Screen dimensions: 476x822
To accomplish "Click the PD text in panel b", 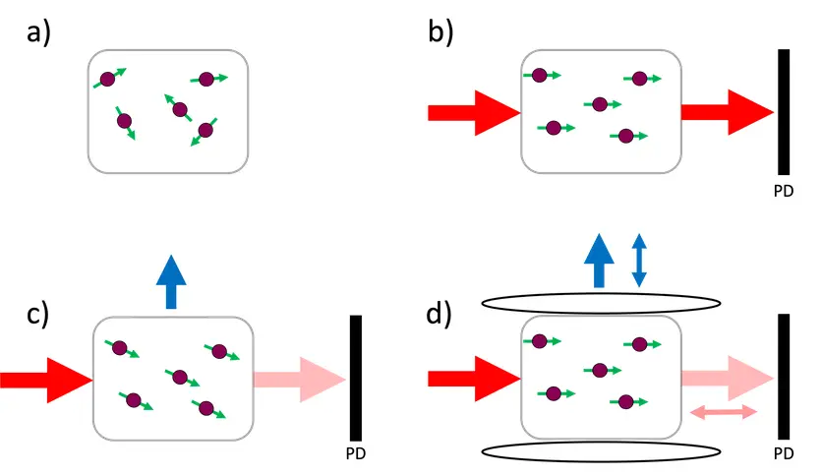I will point(783,192).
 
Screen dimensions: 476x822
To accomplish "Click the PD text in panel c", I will point(356,454).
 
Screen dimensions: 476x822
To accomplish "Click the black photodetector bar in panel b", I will point(784,112).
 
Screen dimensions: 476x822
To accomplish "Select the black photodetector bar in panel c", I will point(356,378).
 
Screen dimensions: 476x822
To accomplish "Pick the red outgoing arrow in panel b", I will point(727,112).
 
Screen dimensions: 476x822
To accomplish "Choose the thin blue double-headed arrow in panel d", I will point(638,261).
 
